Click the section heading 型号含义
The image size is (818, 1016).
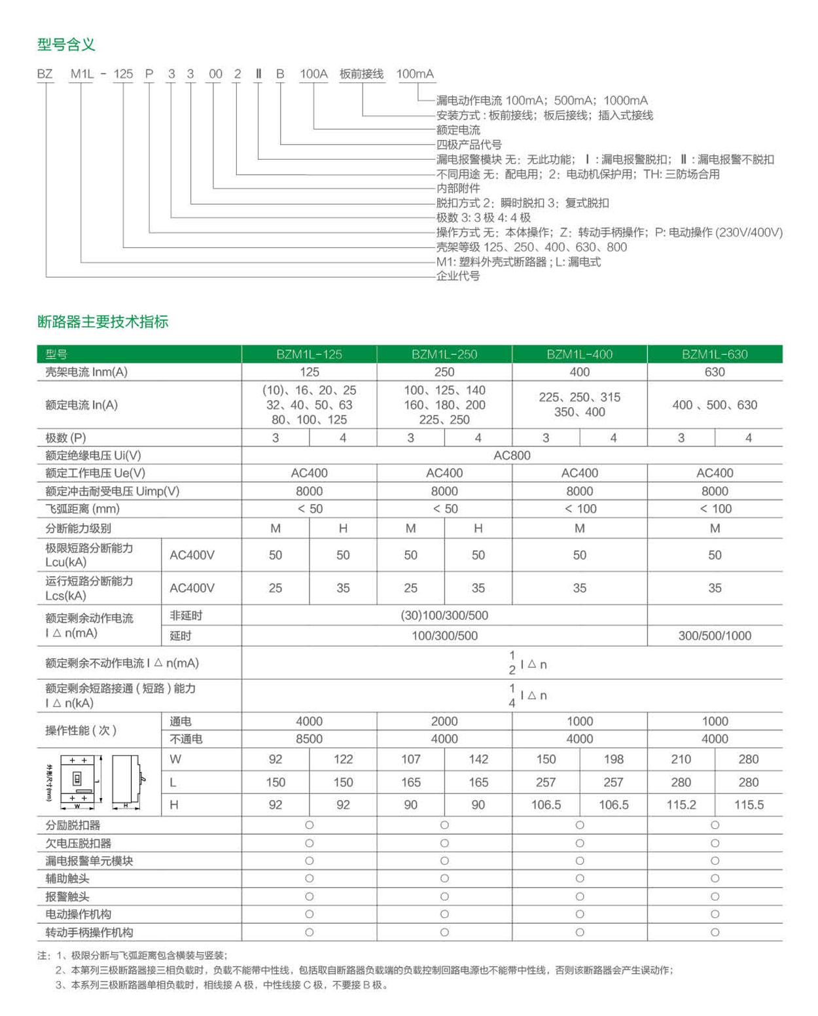pyautogui.click(x=66, y=45)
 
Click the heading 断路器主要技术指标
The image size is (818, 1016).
pyautogui.click(x=103, y=321)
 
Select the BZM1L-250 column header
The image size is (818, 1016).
pyautogui.click(x=444, y=354)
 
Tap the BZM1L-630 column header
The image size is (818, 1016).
pyautogui.click(x=715, y=354)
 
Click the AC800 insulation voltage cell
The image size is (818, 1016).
pyautogui.click(x=512, y=456)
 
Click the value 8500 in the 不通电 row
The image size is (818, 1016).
pyautogui.click(x=309, y=738)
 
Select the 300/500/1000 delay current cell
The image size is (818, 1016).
pyautogui.click(x=715, y=636)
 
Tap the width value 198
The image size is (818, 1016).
pyautogui.click(x=613, y=759)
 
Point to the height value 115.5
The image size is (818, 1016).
pyautogui.click(x=749, y=805)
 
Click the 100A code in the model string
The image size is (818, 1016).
pyautogui.click(x=313, y=74)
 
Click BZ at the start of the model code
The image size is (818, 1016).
pyautogui.click(x=44, y=74)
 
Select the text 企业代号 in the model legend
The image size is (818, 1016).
pyautogui.click(x=458, y=276)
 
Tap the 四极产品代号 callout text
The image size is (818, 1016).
pyautogui.click(x=469, y=145)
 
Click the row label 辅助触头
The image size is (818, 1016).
pyautogui.click(x=67, y=879)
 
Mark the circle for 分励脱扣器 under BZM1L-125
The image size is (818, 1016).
pyautogui.click(x=310, y=825)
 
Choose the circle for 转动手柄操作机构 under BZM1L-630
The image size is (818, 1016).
pyautogui.click(x=715, y=932)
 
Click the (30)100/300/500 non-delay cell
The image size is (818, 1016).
pyautogui.click(x=444, y=615)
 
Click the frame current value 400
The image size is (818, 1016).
pyautogui.click(x=579, y=372)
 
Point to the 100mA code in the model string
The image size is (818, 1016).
pyautogui.click(x=415, y=74)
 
